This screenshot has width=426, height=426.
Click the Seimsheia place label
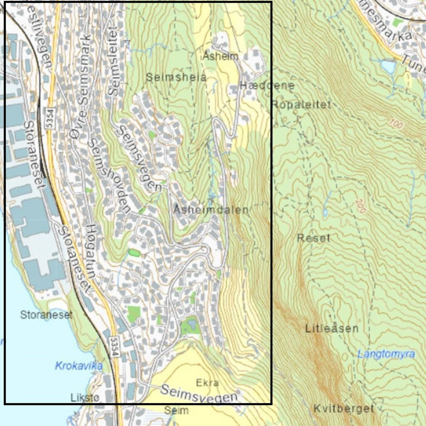[x=176, y=77]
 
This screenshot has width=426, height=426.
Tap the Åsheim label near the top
[x=221, y=56]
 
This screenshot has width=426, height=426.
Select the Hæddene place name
[x=267, y=86]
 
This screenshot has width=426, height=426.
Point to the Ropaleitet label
[x=301, y=105]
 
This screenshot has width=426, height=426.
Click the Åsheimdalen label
[x=211, y=210]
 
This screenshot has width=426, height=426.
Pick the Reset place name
[x=313, y=238]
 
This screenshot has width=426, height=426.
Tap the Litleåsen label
[x=332, y=329]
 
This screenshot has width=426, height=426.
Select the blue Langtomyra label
[x=386, y=354]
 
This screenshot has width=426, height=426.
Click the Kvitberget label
[x=343, y=409]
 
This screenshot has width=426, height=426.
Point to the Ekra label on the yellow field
[x=207, y=383]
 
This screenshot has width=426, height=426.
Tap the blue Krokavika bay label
[x=78, y=366]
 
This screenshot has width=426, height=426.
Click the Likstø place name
[x=85, y=398]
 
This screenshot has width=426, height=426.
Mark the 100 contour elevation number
[x=395, y=124]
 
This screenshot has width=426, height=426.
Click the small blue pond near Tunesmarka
[x=387, y=66]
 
